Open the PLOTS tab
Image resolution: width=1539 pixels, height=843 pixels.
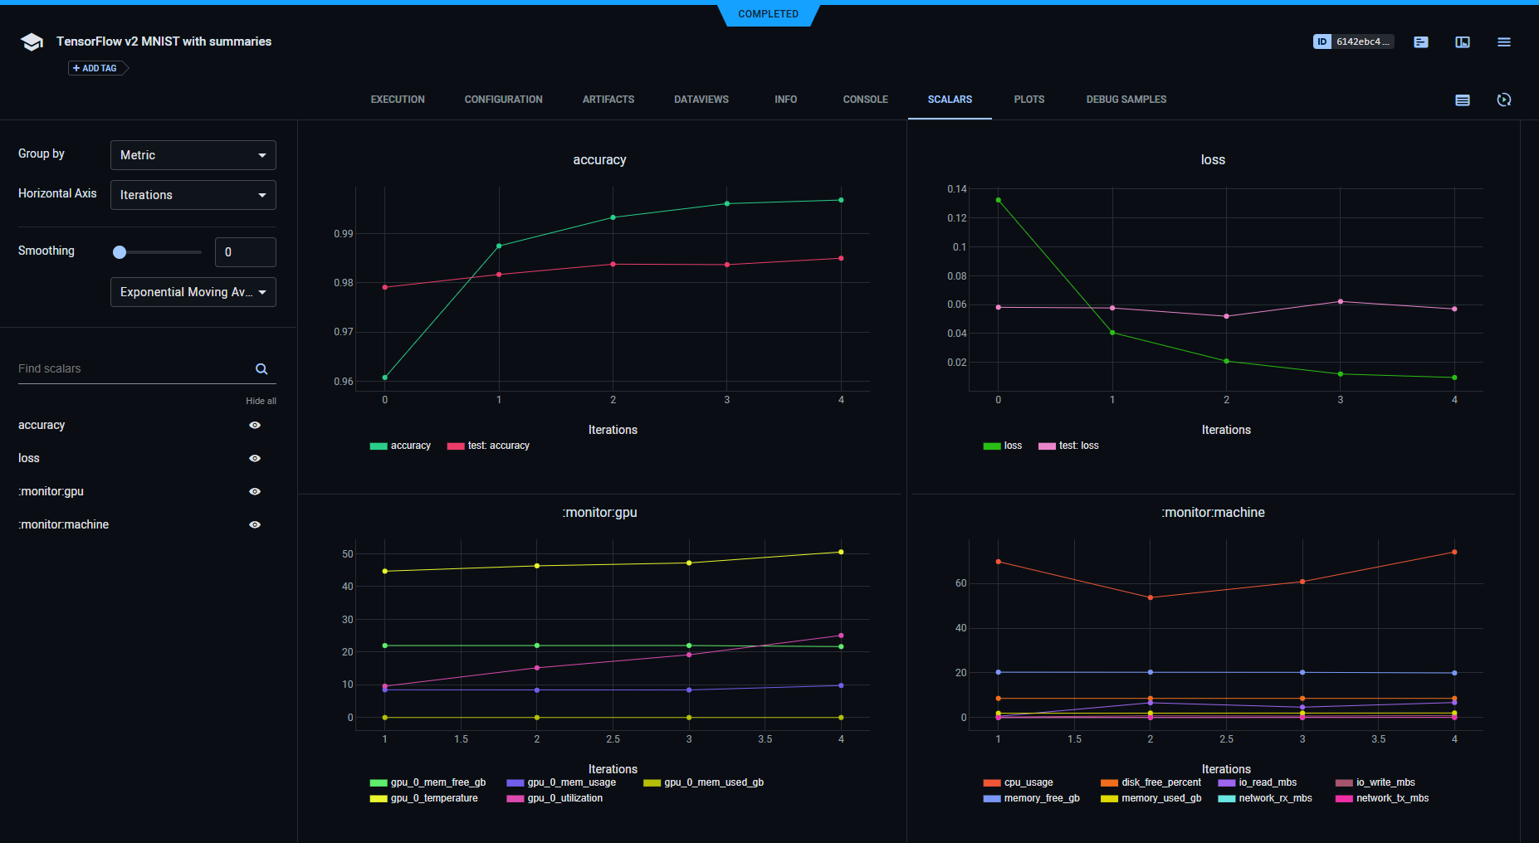pos(1028,100)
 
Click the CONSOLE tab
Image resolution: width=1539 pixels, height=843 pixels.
pos(865,100)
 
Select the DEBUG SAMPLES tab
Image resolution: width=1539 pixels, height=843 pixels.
pos(1126,100)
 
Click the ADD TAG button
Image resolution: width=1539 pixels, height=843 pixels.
pos(95,68)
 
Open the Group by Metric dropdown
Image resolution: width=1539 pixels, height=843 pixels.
pos(193,155)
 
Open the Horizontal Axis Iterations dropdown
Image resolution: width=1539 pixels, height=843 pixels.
pos(193,195)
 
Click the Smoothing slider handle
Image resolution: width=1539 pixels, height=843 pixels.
pos(120,252)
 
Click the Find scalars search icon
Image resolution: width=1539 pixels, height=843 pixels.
pos(261,369)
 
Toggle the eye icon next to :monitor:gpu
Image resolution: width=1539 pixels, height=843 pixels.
pos(255,491)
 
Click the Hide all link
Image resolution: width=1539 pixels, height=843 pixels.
pos(261,401)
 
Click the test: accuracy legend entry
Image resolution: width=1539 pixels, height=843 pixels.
pos(489,446)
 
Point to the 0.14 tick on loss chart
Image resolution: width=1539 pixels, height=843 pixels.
pos(957,189)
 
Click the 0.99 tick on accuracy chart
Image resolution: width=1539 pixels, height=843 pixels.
pos(343,234)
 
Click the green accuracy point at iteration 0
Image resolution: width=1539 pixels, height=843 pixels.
pos(385,378)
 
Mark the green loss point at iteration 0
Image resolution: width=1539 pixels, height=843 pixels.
pos(999,200)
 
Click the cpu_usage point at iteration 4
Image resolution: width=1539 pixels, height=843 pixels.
pos(1454,552)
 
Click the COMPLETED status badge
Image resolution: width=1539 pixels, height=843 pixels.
pos(768,14)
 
